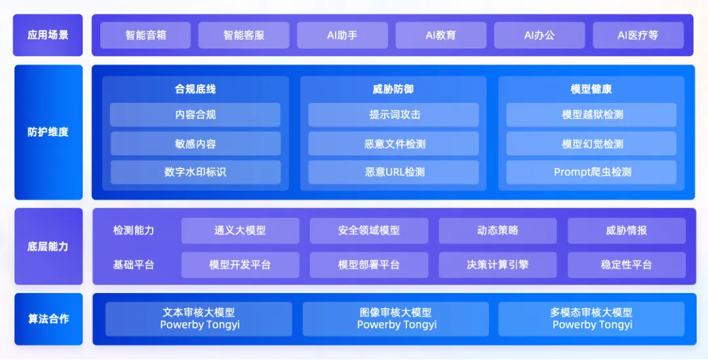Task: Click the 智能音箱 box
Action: [146, 35]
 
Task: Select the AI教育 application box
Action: [441, 35]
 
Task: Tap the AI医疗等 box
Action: [638, 35]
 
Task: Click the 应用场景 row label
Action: [48, 35]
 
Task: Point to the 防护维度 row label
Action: [49, 132]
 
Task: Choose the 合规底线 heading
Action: [195, 89]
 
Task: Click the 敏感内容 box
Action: [195, 144]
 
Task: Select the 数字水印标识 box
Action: [195, 172]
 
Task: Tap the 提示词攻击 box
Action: [394, 115]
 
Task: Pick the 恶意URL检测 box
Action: [394, 172]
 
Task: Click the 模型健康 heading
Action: [591, 89]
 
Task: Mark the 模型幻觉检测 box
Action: [591, 144]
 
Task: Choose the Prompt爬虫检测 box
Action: [591, 172]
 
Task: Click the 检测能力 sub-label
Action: [134, 230]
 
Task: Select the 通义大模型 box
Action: [240, 231]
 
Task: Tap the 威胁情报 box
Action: [627, 231]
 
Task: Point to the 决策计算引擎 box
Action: [498, 265]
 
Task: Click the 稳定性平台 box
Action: [627, 265]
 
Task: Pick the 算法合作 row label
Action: [49, 319]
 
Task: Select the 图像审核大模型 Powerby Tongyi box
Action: [396, 319]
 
